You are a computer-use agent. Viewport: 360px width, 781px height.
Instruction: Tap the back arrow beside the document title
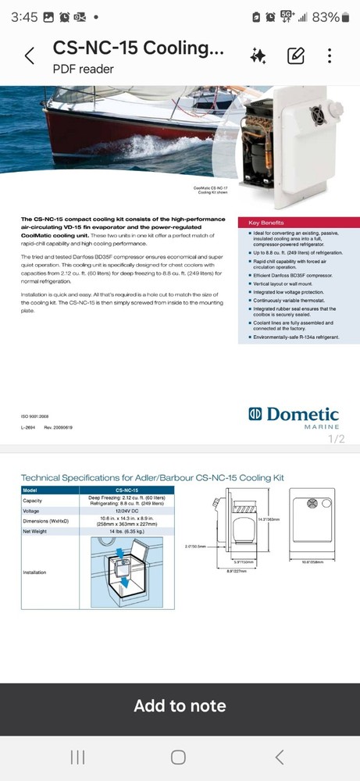[x=30, y=56]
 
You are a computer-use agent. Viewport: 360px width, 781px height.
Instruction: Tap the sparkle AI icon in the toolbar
[x=258, y=55]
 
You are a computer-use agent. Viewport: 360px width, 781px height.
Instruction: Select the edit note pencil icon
[x=295, y=55]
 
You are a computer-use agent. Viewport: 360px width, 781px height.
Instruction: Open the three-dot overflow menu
[x=330, y=55]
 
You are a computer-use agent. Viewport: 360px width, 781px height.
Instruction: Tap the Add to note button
[x=180, y=706]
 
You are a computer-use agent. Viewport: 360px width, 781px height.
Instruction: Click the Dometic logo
[x=293, y=415]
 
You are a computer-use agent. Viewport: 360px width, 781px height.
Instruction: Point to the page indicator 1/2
[x=336, y=439]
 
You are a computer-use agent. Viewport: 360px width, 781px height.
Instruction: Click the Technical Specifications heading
[x=152, y=477]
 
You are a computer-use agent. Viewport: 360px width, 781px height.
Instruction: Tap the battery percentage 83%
[x=326, y=17]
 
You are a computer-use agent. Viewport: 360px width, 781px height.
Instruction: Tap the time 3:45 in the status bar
[x=25, y=17]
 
